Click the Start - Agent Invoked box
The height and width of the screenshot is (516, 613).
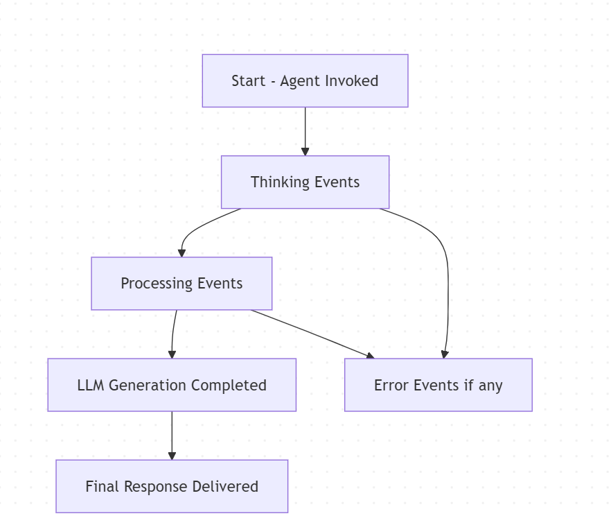click(x=305, y=80)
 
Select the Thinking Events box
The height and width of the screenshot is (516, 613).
click(x=305, y=182)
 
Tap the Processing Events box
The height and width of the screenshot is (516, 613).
click(x=181, y=283)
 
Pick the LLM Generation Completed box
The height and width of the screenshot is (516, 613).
click(x=172, y=385)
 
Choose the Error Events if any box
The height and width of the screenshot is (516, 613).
click(x=438, y=385)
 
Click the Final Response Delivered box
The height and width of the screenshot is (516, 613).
click(x=172, y=486)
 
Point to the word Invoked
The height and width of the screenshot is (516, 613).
click(x=353, y=81)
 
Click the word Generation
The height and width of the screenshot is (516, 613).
click(x=147, y=385)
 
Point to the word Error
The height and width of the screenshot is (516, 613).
click(x=391, y=385)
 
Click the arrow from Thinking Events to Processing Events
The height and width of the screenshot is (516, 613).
click(x=197, y=230)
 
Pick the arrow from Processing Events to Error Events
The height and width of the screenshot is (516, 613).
click(x=312, y=334)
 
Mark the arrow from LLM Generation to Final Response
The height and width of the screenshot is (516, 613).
click(x=172, y=435)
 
